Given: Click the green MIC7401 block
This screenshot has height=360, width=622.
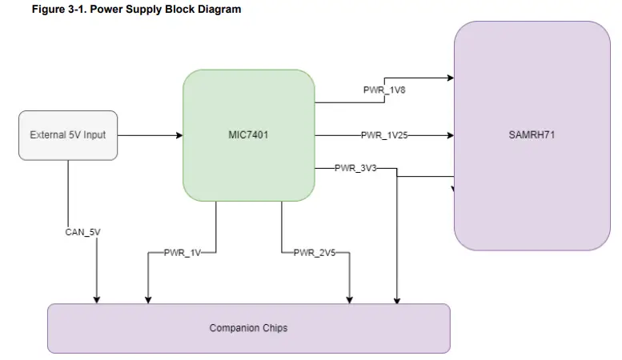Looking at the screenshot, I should click(x=248, y=134).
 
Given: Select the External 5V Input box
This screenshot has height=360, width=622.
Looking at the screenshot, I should click(x=68, y=134).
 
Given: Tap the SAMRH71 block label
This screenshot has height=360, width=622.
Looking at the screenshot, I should click(x=532, y=134).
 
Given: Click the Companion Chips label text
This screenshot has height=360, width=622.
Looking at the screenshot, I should click(x=248, y=328).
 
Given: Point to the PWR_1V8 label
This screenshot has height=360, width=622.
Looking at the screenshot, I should click(x=385, y=90).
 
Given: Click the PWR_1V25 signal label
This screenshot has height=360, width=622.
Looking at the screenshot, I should click(x=384, y=135).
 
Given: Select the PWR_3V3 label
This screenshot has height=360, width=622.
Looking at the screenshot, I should click(x=355, y=168).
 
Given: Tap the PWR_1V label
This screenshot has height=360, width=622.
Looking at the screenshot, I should click(x=182, y=253).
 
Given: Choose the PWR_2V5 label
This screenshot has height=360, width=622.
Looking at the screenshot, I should click(x=315, y=253).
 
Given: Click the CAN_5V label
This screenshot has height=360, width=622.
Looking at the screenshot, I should click(x=82, y=232).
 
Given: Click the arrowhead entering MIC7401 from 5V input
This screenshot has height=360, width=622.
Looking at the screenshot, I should click(x=179, y=135).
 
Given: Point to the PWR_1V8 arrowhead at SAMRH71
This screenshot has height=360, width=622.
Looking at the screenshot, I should click(x=451, y=78).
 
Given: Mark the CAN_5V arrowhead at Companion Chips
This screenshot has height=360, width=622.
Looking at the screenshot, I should click(x=97, y=299).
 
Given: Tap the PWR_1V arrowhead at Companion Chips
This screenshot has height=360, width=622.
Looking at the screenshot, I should click(x=147, y=299).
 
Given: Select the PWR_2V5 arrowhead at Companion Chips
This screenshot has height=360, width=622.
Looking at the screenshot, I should click(x=348, y=299).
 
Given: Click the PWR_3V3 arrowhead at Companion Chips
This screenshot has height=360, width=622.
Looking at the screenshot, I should click(x=397, y=299).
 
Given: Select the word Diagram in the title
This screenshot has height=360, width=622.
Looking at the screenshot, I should click(x=219, y=10).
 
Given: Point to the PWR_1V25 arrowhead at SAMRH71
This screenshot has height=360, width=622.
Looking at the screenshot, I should click(x=451, y=135).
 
